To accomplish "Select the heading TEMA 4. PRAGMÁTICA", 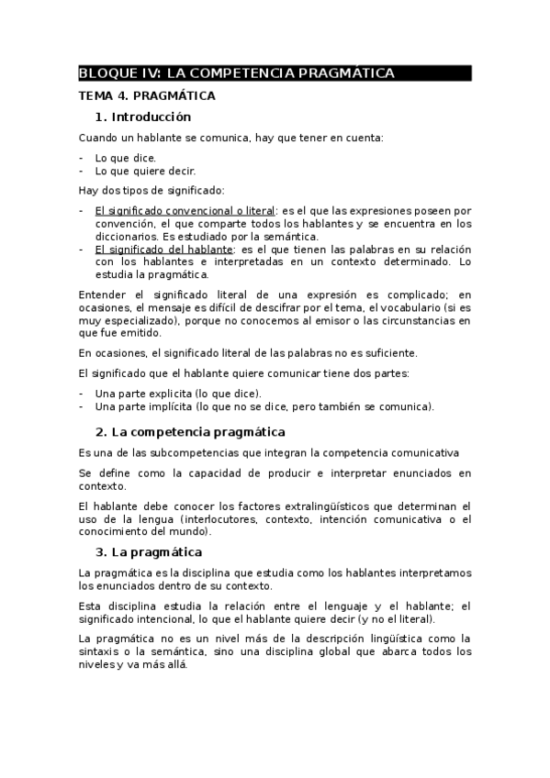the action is click(x=147, y=95).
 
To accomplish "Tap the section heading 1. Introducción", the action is click(x=142, y=117).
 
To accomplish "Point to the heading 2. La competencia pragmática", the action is click(x=190, y=431).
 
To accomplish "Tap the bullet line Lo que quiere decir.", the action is click(x=145, y=171).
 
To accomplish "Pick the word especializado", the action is click(x=142, y=322).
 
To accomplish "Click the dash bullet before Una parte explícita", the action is click(x=82, y=393).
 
